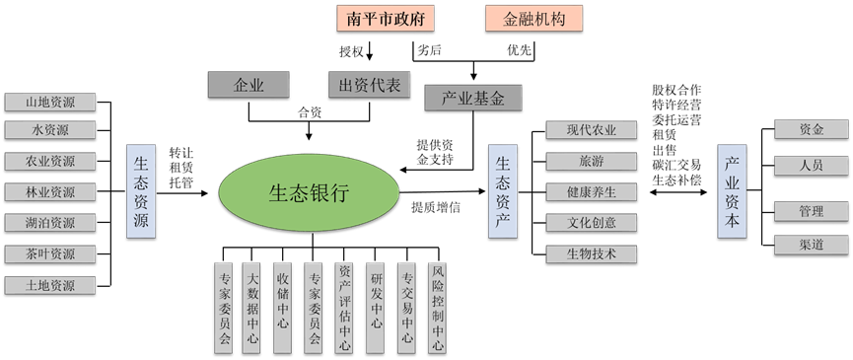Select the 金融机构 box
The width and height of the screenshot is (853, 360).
point(533,19)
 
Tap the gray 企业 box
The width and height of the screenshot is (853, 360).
point(249,85)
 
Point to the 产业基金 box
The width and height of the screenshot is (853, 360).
point(473,98)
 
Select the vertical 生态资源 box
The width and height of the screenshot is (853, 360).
point(141,191)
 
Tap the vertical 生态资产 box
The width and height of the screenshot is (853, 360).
point(503,190)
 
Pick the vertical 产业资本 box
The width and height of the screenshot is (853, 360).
point(732,191)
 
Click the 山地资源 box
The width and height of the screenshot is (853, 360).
point(50,102)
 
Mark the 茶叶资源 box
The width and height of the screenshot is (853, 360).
point(50,254)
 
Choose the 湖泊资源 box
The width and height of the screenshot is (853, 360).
point(50,223)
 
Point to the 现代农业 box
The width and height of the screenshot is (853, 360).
point(592,130)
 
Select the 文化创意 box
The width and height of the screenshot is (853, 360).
point(592,223)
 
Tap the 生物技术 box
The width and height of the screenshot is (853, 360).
point(592,253)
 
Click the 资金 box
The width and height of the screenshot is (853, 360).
point(812,129)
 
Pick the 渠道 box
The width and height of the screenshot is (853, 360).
point(812,244)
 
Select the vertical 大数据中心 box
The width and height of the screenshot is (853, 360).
point(253,307)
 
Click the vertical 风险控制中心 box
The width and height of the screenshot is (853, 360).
point(437,307)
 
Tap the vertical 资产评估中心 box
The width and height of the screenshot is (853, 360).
point(344,307)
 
